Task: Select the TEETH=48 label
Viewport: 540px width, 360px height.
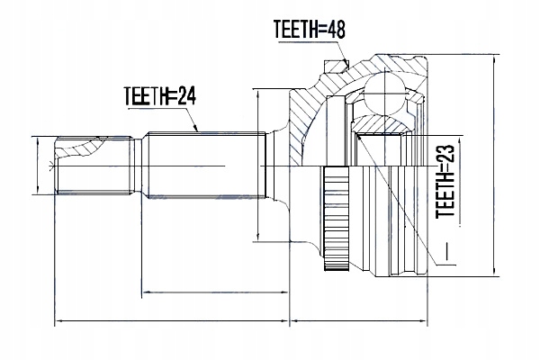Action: pos(309,28)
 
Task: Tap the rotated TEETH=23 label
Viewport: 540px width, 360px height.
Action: pos(443,184)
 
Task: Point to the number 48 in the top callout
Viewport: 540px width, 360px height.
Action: pos(335,28)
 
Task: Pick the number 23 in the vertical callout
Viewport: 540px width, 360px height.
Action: pos(443,161)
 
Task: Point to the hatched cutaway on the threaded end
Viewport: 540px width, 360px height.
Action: pos(90,147)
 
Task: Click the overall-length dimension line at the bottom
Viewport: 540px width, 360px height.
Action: pos(243,321)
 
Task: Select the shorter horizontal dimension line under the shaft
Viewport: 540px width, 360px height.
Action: pos(216,292)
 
